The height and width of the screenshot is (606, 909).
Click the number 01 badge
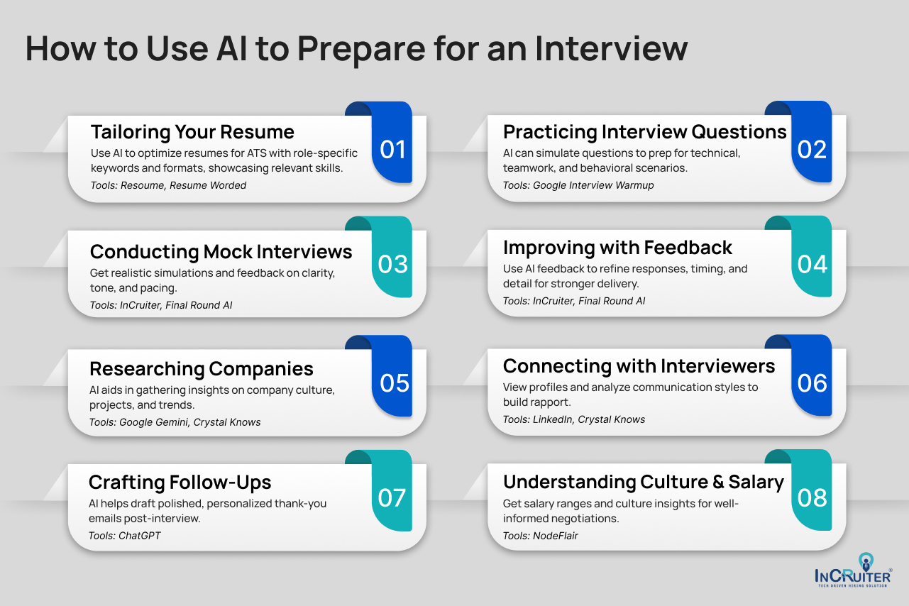[392, 149]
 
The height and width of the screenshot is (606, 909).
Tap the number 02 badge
[812, 149]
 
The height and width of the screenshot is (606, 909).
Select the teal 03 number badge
[392, 264]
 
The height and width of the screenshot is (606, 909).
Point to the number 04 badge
[812, 264]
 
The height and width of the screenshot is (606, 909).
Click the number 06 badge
[812, 383]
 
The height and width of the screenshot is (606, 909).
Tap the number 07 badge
[392, 498]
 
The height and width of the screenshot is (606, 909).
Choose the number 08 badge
[812, 498]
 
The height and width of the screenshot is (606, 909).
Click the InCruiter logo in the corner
[852, 568]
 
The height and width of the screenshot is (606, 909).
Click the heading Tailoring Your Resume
[192, 132]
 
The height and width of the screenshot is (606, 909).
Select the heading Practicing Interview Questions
[644, 132]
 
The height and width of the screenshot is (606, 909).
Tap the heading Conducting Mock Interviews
[221, 252]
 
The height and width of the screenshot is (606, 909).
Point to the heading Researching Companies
[201, 369]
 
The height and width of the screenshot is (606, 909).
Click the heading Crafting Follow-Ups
[180, 483]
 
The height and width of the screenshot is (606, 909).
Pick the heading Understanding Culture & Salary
[643, 483]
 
